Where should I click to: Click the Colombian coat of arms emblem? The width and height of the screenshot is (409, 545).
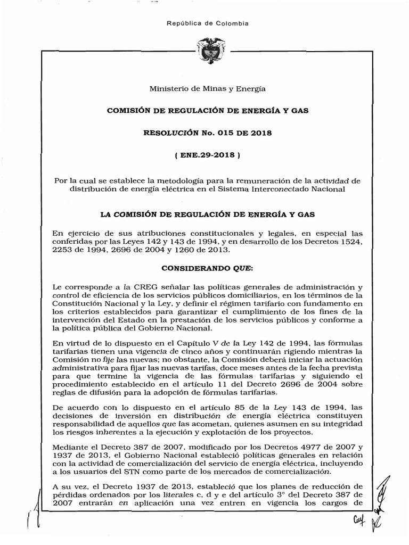[204, 51]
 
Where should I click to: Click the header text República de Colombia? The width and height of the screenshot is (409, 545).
[204, 23]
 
